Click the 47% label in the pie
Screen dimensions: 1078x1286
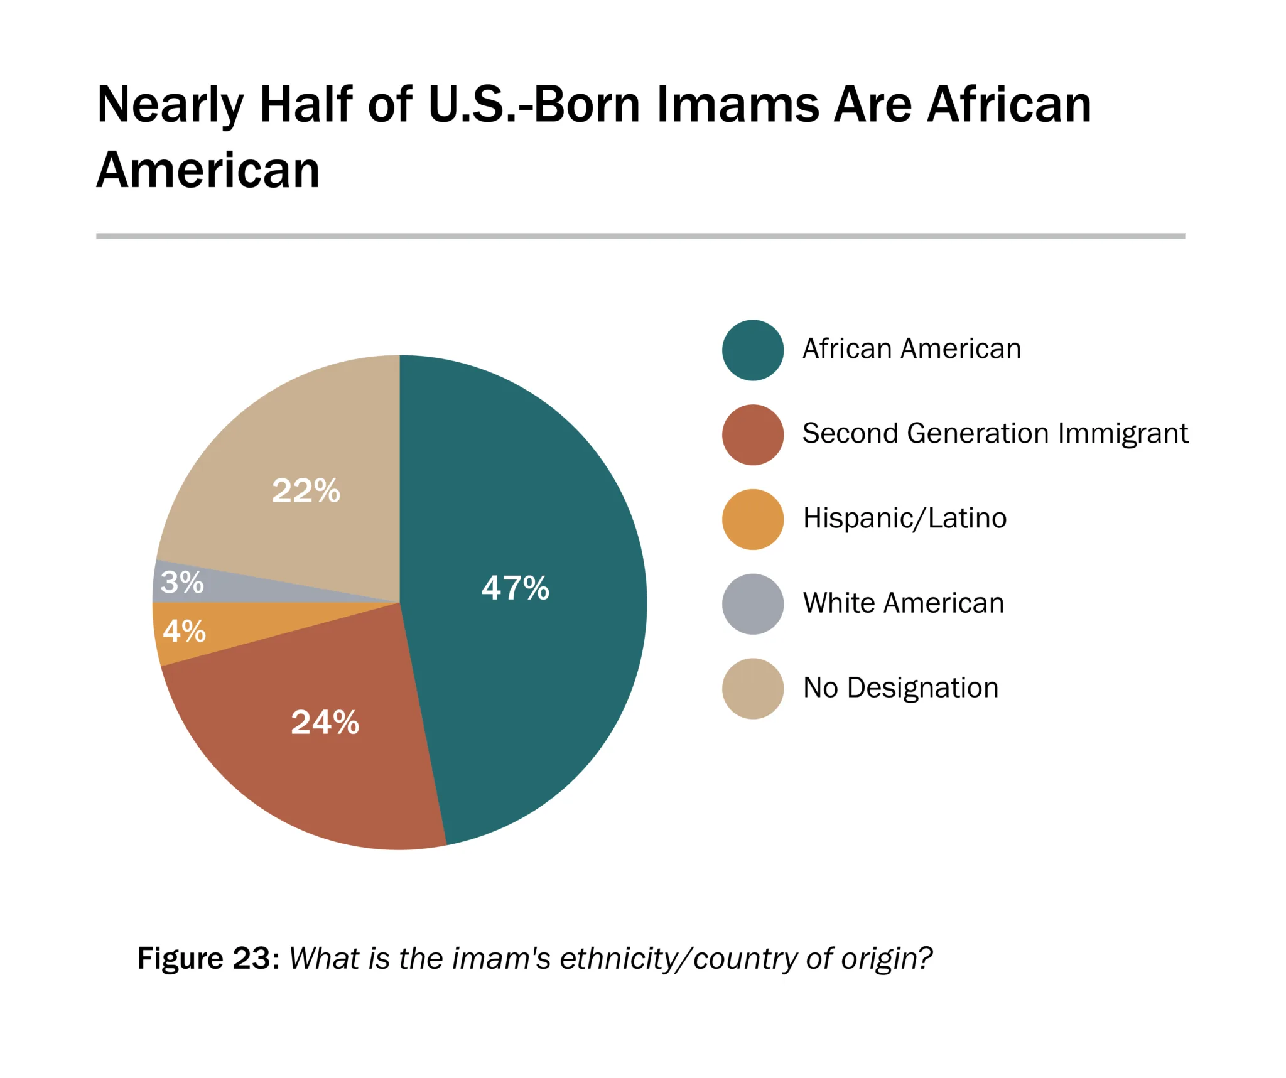pos(515,588)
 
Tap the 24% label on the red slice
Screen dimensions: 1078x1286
pos(325,722)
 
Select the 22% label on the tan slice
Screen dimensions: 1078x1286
pos(306,490)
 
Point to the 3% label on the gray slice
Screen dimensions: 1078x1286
pos(182,582)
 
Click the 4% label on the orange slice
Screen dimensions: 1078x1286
pos(184,631)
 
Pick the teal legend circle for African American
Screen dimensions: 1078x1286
pos(752,350)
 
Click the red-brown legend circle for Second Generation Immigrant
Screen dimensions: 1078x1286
pos(752,434)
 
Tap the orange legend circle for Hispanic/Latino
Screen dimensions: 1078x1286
pos(752,519)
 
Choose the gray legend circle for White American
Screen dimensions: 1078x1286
pos(752,603)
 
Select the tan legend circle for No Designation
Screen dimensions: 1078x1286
pos(752,688)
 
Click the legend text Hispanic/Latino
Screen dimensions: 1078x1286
pos(904,519)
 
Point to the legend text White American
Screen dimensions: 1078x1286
pos(903,603)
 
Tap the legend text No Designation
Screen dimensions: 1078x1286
pos(900,687)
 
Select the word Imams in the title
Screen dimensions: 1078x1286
pos(737,104)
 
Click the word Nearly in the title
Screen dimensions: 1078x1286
pos(170,105)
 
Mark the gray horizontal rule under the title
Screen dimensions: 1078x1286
pos(640,236)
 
